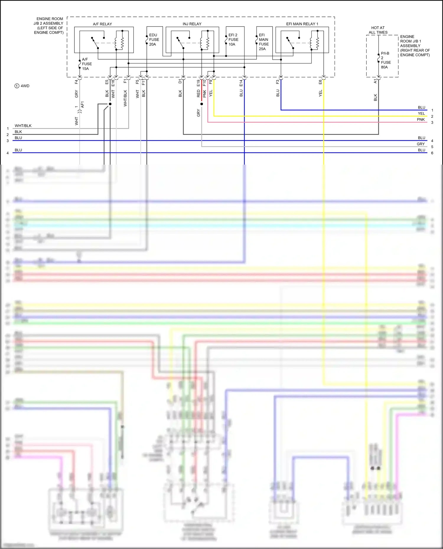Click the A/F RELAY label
click(102, 24)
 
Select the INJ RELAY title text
click(192, 24)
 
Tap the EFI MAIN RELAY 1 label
click(302, 24)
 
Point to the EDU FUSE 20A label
click(154, 40)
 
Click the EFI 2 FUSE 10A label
click(233, 40)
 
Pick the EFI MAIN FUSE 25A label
click(263, 42)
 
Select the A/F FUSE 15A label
click(87, 64)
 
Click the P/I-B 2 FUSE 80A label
click(385, 60)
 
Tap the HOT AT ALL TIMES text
click(378, 30)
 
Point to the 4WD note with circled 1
click(22, 86)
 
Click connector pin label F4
click(76, 82)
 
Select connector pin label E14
click(241, 83)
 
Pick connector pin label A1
click(375, 81)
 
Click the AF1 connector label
click(82, 104)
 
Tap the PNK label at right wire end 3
click(421, 119)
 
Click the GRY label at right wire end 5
click(421, 144)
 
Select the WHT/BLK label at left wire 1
click(23, 126)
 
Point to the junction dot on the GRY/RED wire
click(202, 104)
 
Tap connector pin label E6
click(320, 82)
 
